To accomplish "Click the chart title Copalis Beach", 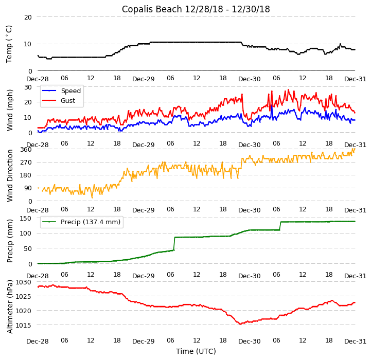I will [x=196, y=9].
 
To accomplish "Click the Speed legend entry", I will [x=70, y=91].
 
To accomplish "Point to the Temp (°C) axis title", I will [x=9, y=44].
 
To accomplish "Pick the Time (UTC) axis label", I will [x=196, y=351].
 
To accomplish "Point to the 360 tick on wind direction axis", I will [x=26, y=150].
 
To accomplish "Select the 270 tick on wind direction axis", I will [x=26, y=163].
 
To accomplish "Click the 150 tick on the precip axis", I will [x=26, y=218].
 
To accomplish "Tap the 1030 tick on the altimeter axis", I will [x=24, y=282].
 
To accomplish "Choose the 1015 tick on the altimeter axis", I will [x=24, y=325].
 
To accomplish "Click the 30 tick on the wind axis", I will [x=28, y=87].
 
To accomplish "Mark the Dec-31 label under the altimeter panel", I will [x=356, y=341].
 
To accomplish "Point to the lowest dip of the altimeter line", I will [x=240, y=323].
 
